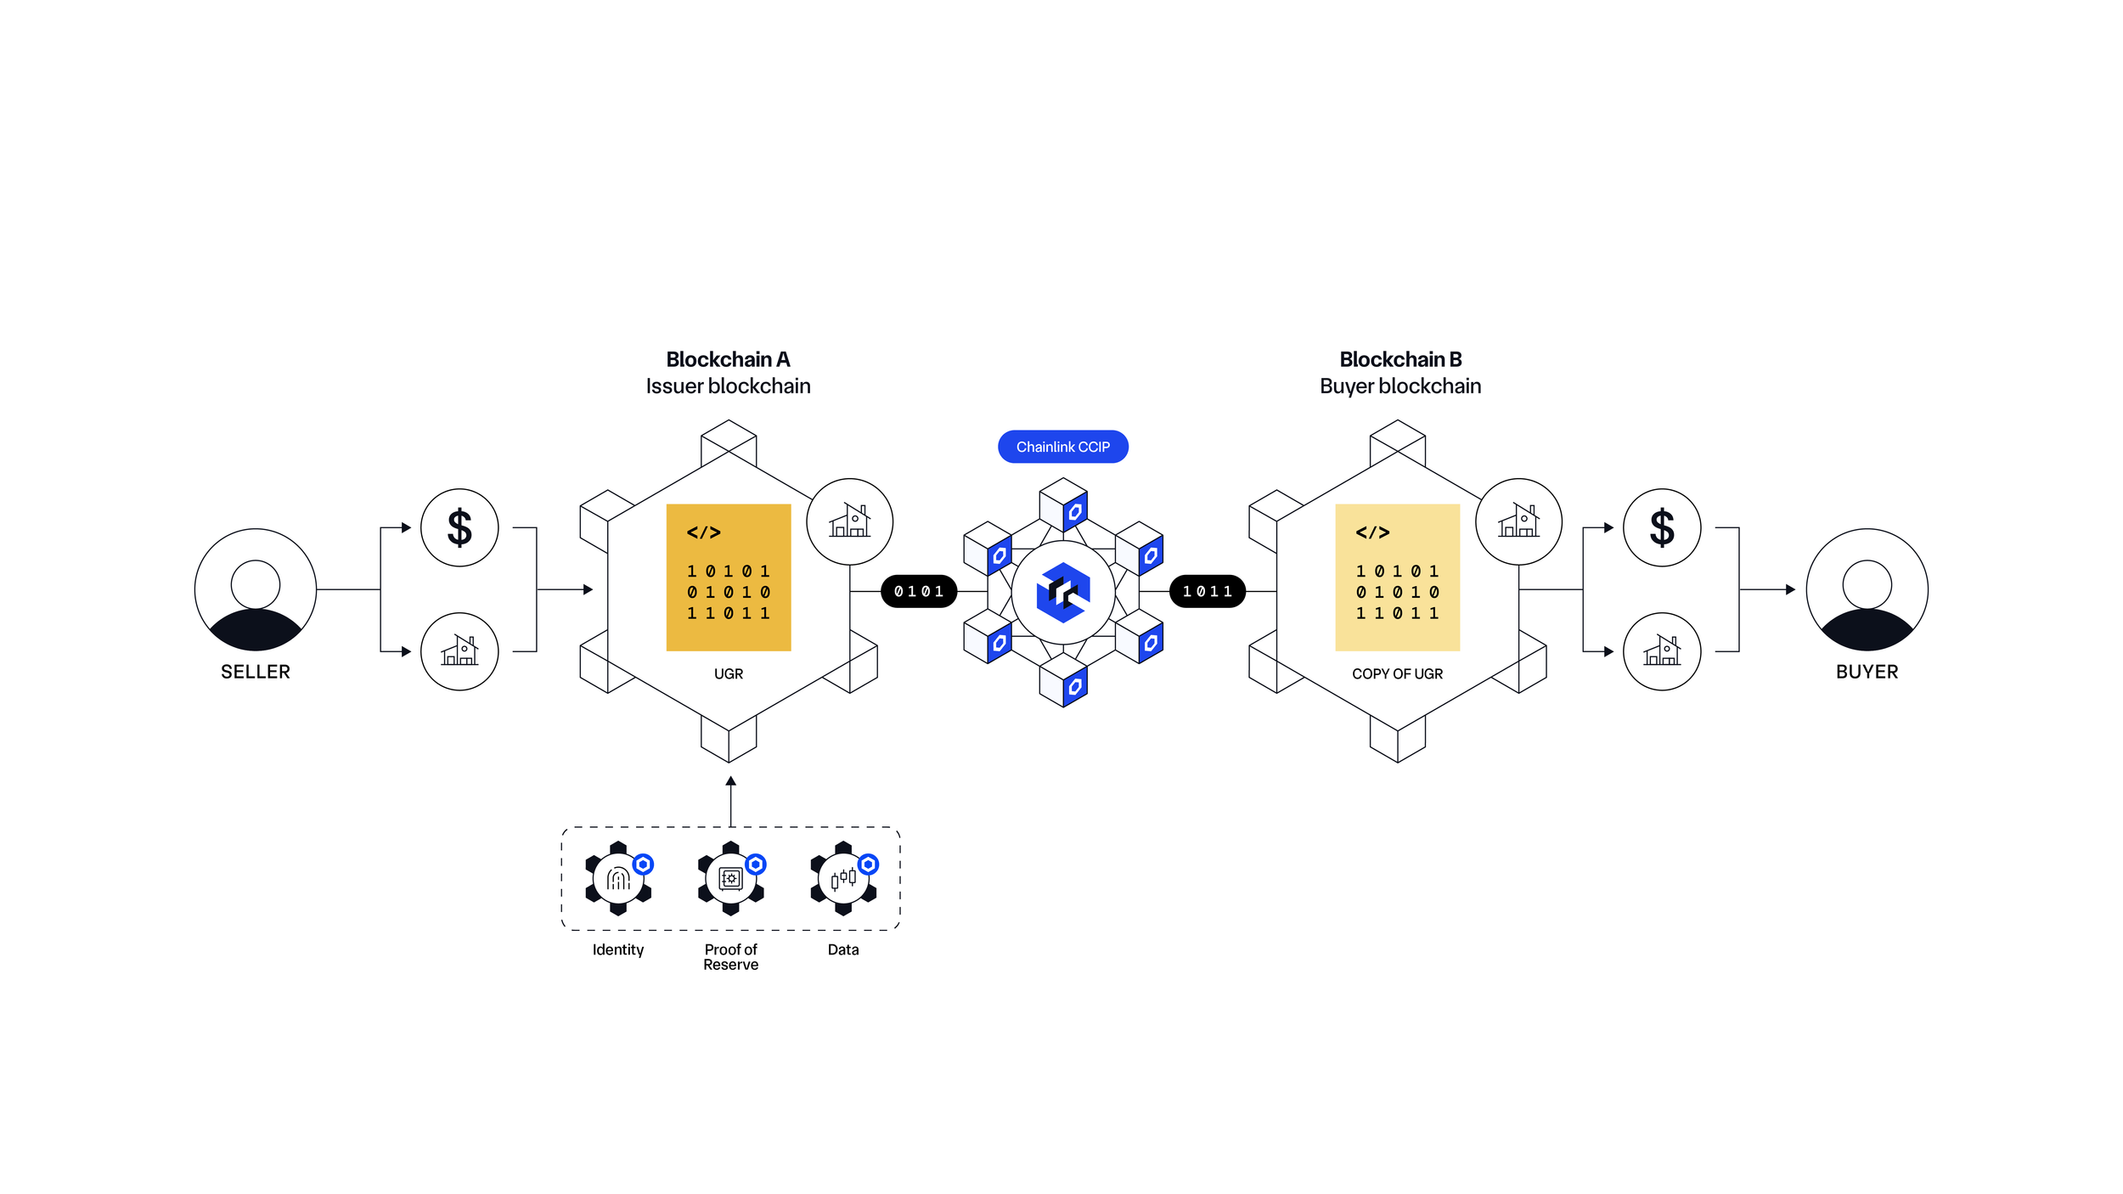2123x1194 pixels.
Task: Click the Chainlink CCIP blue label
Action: [1062, 447]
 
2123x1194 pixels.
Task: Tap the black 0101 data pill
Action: [919, 591]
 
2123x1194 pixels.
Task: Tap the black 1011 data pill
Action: [1207, 591]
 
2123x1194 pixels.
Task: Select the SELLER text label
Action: [256, 672]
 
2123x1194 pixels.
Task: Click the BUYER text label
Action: [1867, 672]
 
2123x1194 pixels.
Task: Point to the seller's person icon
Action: [256, 589]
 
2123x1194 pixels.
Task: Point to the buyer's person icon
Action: [1867, 589]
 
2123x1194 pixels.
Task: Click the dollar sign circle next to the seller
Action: [459, 527]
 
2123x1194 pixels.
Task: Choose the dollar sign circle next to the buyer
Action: [1662, 527]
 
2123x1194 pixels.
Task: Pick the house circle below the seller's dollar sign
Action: [459, 651]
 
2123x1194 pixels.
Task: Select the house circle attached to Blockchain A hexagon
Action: [849, 521]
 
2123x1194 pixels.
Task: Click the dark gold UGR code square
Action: [729, 577]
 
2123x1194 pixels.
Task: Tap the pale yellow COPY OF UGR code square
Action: [1397, 577]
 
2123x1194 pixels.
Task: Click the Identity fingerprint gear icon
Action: [618, 878]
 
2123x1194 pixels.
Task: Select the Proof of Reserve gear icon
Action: [730, 878]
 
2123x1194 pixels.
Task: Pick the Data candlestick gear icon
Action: [843, 878]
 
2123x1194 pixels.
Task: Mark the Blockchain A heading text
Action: [728, 359]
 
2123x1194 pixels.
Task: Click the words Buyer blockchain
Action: [1400, 386]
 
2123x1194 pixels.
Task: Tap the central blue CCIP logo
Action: [1062, 592]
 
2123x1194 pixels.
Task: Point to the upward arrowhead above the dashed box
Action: [730, 781]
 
